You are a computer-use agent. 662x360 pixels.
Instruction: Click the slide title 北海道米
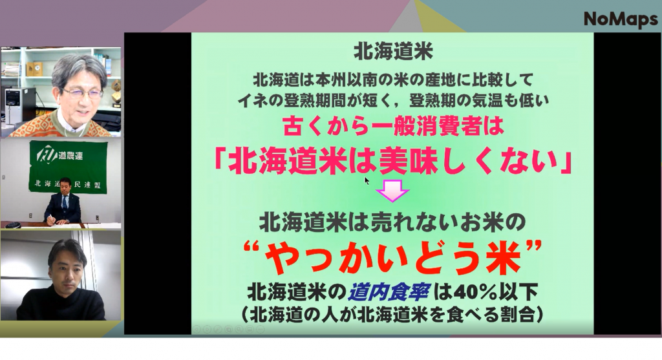pyautogui.click(x=392, y=50)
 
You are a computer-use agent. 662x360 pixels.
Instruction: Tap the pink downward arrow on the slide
pyautogui.click(x=392, y=191)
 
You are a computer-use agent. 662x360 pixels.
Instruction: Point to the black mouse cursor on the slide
pyautogui.click(x=367, y=180)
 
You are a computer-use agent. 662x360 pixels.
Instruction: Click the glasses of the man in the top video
pyautogui.click(x=82, y=92)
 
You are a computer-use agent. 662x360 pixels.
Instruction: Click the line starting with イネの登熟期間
pyautogui.click(x=392, y=100)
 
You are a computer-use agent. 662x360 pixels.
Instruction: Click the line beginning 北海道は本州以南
pyautogui.click(x=392, y=81)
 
